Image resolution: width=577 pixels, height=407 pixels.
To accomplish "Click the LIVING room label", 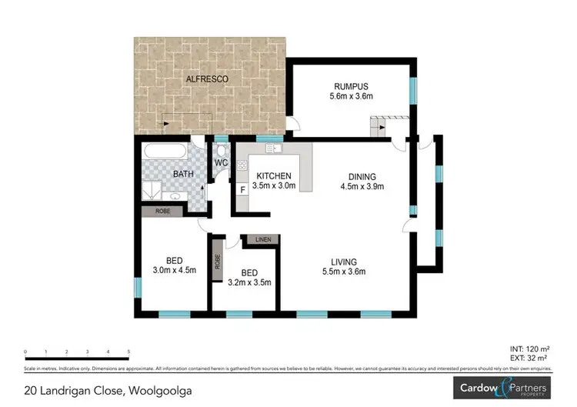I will coord(344,261).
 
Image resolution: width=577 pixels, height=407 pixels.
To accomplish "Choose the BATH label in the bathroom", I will coord(183,175).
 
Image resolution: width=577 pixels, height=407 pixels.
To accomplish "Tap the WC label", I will coord(221,163).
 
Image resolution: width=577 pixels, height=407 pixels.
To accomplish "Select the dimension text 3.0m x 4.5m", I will coord(175,269).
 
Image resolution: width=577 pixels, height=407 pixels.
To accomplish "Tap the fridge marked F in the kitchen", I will coord(243,189).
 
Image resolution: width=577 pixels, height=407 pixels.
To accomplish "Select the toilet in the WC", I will coord(221,150).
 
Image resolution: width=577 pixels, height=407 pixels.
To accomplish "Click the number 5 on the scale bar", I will coord(128,351).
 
